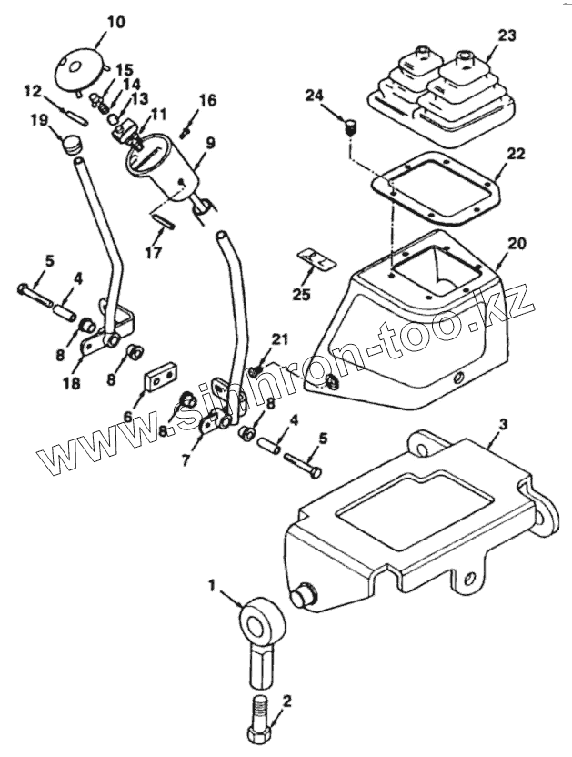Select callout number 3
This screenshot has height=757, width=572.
tap(504, 424)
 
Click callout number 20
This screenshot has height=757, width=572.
tap(517, 245)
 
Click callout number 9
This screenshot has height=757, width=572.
tap(210, 143)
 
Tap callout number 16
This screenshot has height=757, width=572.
tap(207, 100)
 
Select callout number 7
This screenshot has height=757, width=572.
tap(186, 459)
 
